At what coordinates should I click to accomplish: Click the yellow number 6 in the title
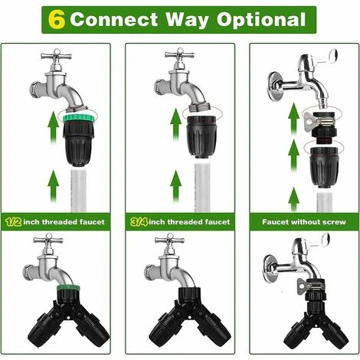pyautogui.click(x=56, y=20)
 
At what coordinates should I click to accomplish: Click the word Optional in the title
pyautogui.click(x=261, y=20)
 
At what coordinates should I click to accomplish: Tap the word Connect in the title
pyautogui.click(x=114, y=19)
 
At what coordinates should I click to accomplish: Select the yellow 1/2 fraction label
pyautogui.click(x=13, y=221)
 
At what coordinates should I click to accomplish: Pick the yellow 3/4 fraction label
pyautogui.click(x=139, y=221)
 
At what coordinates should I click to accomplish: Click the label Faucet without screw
pyautogui.click(x=304, y=222)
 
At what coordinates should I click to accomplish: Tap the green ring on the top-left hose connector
pyautogui.click(x=77, y=117)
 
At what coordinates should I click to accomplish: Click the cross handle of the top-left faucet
pyautogui.click(x=56, y=56)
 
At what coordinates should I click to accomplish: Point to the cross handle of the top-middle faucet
pyautogui.click(x=180, y=54)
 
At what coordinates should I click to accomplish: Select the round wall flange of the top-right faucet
pyautogui.click(x=275, y=83)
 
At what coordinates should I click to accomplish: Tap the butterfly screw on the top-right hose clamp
pyautogui.click(x=309, y=122)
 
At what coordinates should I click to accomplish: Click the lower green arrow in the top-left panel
pyautogui.click(x=54, y=185)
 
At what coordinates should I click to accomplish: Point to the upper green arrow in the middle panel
pyautogui.click(x=175, y=124)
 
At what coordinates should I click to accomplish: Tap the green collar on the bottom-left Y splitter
pyautogui.click(x=68, y=288)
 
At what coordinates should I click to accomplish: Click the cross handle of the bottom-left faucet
pyautogui.click(x=48, y=241)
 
